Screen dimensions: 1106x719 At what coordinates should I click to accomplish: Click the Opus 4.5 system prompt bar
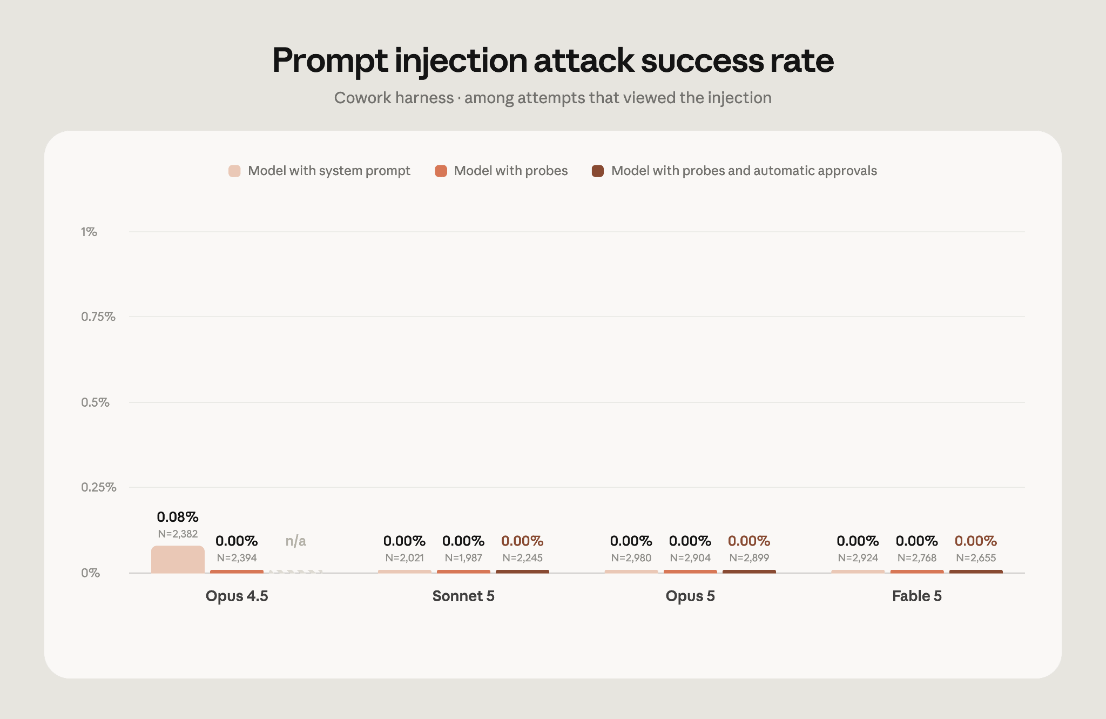[178, 559]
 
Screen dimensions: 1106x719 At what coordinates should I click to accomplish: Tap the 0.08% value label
[178, 517]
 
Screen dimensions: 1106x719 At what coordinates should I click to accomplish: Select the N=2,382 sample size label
[178, 534]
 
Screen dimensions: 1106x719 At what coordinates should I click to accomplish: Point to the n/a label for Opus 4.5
[296, 541]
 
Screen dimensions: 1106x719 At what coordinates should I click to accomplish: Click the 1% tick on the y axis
[89, 232]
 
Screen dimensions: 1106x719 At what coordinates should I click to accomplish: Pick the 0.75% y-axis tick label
[98, 317]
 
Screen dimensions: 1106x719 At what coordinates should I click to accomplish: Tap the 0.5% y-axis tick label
[95, 402]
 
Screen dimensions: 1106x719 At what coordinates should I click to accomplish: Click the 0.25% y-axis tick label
[99, 487]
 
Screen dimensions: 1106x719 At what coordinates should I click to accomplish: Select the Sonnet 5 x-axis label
[463, 596]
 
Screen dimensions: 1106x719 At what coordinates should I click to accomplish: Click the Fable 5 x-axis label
[917, 596]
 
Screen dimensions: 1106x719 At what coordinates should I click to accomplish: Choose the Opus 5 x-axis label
[690, 596]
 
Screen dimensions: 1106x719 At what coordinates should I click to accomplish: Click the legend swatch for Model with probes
[441, 171]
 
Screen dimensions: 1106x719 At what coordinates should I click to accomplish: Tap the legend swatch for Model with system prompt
[234, 171]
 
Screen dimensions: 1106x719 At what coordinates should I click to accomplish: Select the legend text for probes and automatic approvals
[744, 171]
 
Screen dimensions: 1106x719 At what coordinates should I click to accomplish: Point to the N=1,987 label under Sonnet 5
[463, 557]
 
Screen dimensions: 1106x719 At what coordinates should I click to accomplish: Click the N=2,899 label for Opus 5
[749, 557]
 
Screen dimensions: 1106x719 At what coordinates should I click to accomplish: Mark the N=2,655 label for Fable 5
[976, 557]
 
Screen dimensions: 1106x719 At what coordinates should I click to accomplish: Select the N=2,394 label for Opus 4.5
[237, 557]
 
